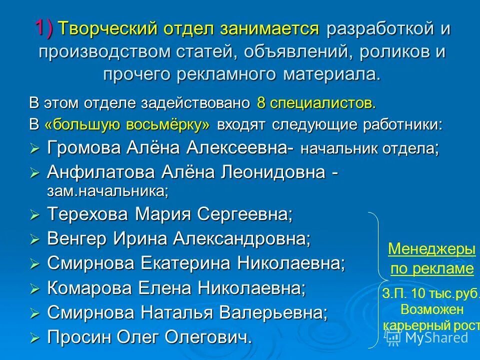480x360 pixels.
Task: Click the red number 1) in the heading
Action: coord(45,27)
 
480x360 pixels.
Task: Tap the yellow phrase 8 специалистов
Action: coord(315,103)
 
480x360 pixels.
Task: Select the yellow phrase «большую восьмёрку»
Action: coord(127,125)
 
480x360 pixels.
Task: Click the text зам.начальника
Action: coord(106,190)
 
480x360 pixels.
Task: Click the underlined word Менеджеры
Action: coord(431,249)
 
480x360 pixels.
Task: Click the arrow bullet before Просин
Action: coord(34,338)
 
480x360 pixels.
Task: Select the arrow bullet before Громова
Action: coord(34,148)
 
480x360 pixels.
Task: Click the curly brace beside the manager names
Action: coord(374,280)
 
